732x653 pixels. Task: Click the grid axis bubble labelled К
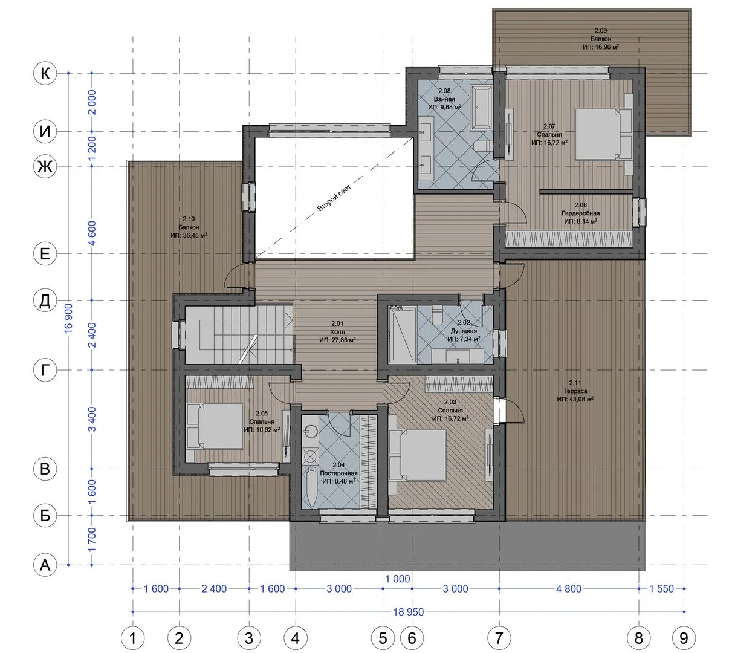point(45,73)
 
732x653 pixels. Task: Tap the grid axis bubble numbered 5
point(383,638)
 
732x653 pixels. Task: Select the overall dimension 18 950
point(408,612)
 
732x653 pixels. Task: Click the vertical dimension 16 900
point(68,318)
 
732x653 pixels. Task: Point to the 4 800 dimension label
point(569,589)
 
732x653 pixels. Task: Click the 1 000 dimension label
point(398,579)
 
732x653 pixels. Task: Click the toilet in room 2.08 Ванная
point(482,146)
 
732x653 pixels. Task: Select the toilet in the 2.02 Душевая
point(438,314)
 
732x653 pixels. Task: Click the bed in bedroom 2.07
point(603,134)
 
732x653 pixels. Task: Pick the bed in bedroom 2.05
point(215,426)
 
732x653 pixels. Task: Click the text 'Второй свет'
point(334,198)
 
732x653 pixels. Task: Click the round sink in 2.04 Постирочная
point(310,431)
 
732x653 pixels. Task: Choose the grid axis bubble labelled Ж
point(45,167)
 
